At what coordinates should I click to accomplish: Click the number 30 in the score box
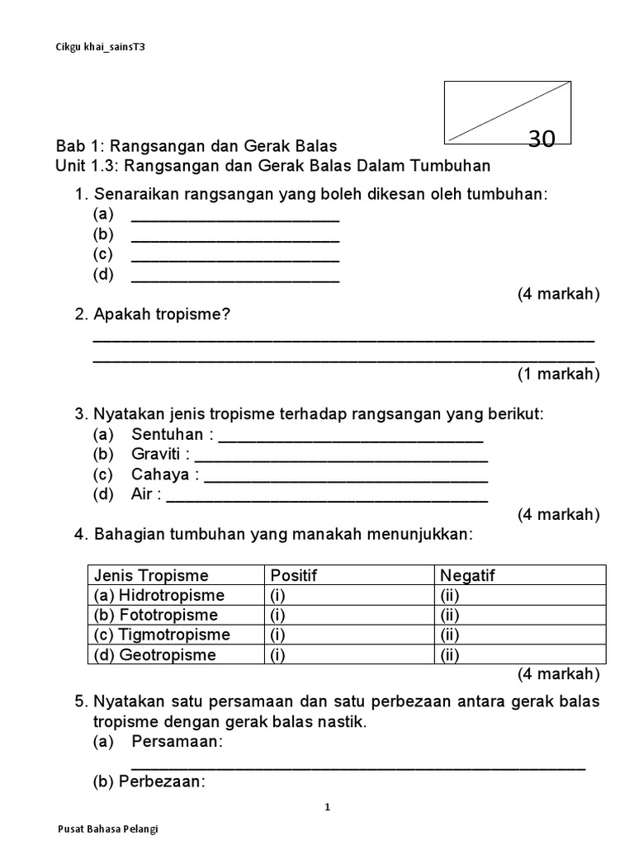(542, 139)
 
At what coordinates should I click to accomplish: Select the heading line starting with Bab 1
(196, 146)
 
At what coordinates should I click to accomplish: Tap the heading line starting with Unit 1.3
(272, 166)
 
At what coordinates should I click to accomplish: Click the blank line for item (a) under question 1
(235, 219)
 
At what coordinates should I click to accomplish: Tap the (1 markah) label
(558, 374)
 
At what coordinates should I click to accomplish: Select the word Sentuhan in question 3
(167, 434)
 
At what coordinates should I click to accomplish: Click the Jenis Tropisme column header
(151, 575)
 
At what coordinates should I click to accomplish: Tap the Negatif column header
(467, 575)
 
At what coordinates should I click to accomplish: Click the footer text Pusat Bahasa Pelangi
(108, 828)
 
